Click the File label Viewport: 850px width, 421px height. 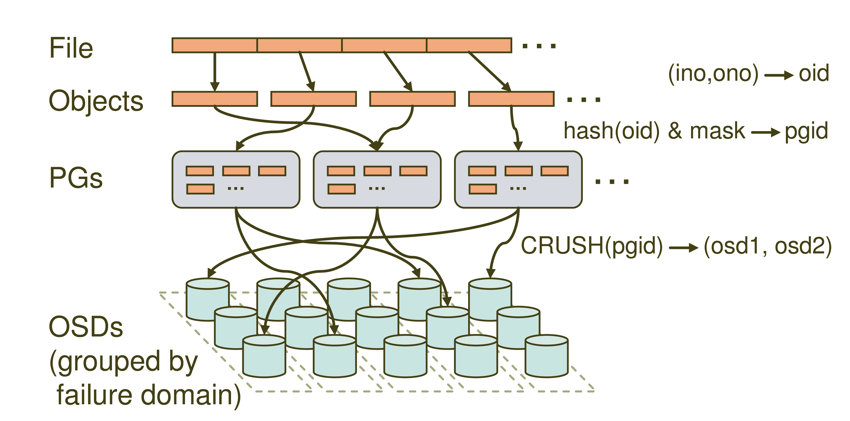(71, 48)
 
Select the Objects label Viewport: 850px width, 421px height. (96, 101)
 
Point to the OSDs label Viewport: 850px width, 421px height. (86, 326)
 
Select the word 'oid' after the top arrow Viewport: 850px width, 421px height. (813, 73)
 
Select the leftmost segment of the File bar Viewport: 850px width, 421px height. (214, 45)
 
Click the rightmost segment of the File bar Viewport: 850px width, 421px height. (469, 45)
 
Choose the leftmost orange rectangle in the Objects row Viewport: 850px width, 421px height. (214, 99)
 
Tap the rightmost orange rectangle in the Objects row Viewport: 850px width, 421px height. (511, 99)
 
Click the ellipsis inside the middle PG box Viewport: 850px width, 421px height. (377, 188)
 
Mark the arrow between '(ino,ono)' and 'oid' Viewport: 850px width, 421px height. (779, 75)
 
